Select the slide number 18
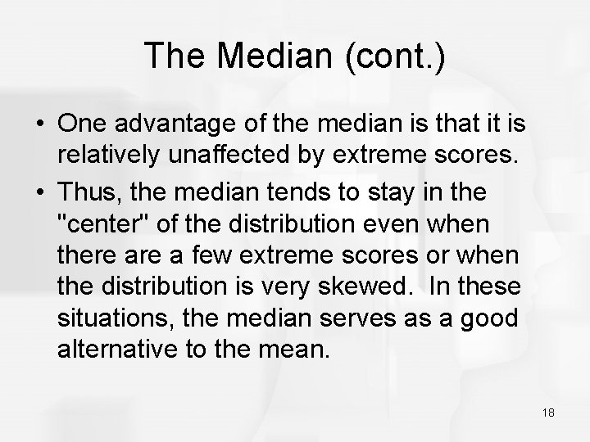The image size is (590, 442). [x=548, y=413]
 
